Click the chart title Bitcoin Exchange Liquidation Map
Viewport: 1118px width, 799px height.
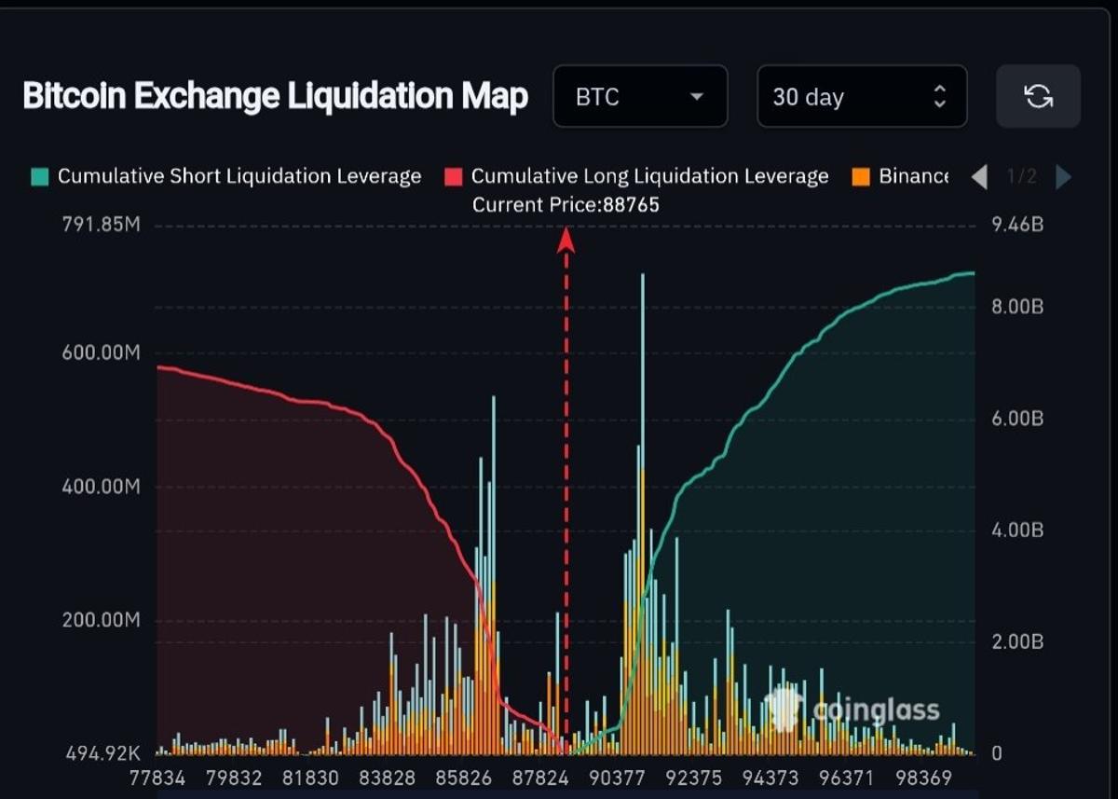(x=275, y=96)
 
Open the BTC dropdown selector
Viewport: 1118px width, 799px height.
(x=639, y=96)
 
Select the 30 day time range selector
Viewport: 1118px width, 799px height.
(x=861, y=96)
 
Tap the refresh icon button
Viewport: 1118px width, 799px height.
(x=1038, y=96)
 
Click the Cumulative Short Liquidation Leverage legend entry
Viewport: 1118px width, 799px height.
(x=226, y=176)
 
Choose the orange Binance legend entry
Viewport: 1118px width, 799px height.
(x=902, y=176)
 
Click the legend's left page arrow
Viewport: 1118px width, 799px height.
(x=978, y=176)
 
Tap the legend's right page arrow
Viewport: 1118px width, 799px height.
(x=1063, y=176)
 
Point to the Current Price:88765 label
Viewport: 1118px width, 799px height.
(x=566, y=205)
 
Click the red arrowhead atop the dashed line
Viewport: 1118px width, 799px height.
(x=566, y=240)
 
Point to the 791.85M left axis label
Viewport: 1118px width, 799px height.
(x=101, y=226)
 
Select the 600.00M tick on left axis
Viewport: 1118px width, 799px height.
(x=101, y=353)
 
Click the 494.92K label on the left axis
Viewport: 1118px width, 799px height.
(x=101, y=752)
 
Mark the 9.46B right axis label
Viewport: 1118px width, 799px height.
(x=1011, y=225)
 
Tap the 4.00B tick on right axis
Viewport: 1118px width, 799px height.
(x=1011, y=530)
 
